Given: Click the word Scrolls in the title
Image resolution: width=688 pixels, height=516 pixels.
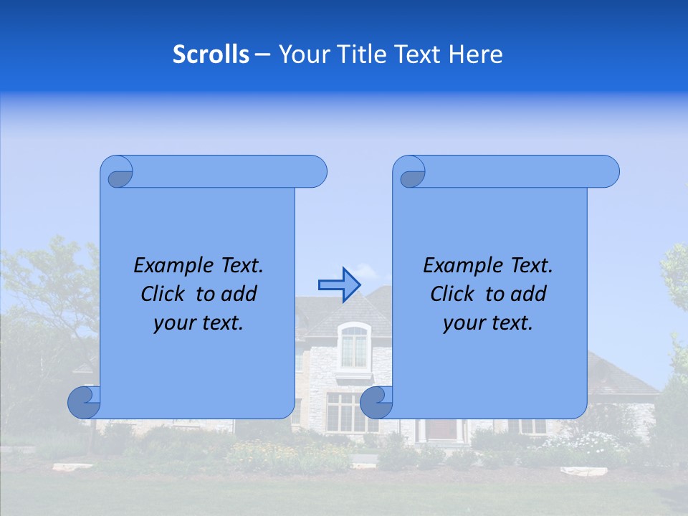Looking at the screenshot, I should (x=211, y=54).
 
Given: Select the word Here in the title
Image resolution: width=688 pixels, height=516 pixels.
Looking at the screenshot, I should (x=476, y=54).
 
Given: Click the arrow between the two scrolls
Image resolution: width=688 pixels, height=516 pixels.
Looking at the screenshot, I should (x=339, y=285).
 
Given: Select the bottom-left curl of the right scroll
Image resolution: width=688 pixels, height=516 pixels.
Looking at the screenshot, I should (x=376, y=403).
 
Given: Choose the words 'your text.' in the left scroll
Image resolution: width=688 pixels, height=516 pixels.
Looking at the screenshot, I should (x=199, y=323).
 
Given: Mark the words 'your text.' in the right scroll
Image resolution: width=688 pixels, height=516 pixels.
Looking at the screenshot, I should (x=488, y=323).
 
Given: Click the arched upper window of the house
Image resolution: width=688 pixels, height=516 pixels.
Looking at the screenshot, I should (x=353, y=346).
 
